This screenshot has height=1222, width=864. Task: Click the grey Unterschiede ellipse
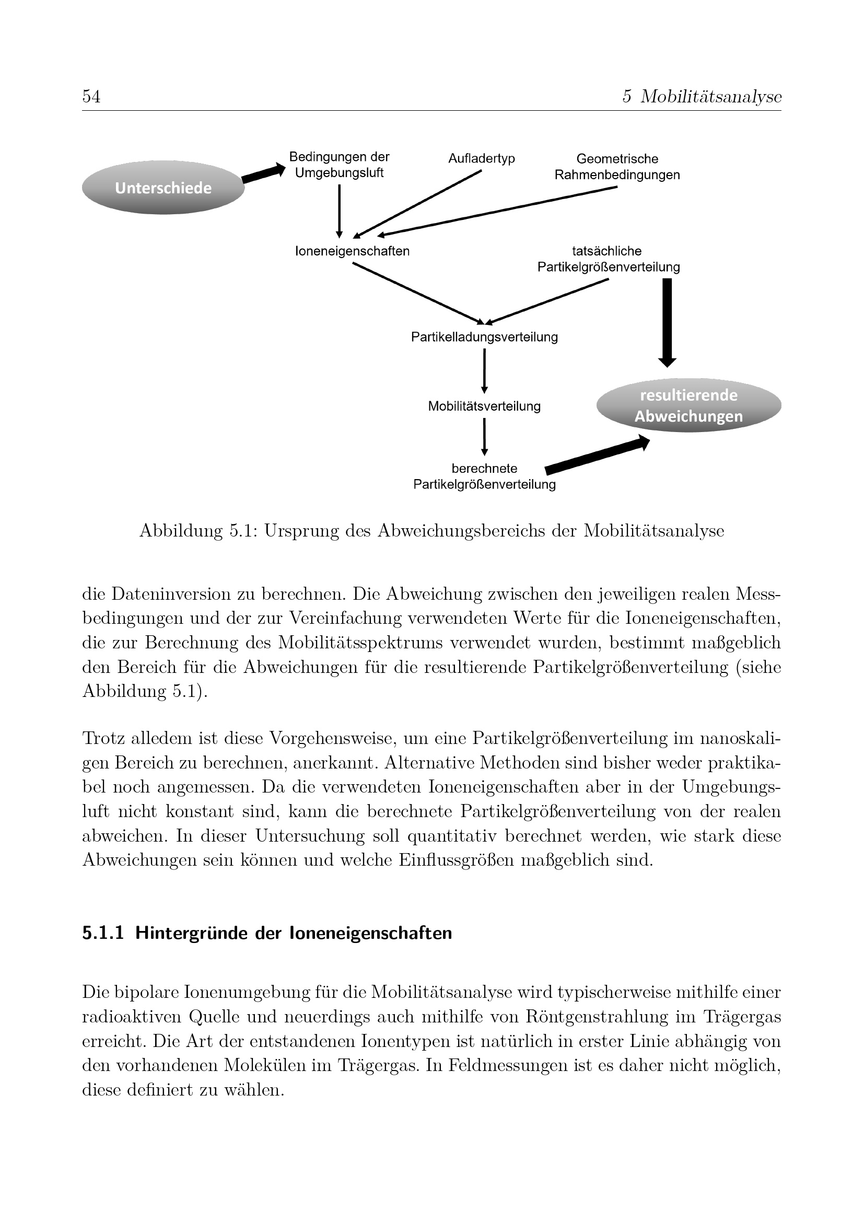(163, 188)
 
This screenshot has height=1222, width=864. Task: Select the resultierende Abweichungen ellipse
(688, 405)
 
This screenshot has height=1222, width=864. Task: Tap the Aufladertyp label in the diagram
(482, 159)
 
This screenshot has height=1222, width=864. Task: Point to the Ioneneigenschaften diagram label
(352, 251)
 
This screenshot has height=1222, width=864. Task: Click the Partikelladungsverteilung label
(484, 337)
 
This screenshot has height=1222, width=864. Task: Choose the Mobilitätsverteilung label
(484, 406)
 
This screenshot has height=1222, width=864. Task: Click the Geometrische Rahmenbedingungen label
(617, 167)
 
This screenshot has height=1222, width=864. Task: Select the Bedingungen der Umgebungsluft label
(339, 165)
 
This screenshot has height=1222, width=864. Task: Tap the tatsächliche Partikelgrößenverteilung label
(608, 259)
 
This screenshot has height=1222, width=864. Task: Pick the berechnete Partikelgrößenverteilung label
(484, 476)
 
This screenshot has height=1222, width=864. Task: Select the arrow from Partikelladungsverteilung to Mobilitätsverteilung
(484, 371)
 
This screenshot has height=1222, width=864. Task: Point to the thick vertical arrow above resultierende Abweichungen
(667, 322)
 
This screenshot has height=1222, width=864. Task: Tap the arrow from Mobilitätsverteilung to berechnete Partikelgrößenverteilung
(484, 436)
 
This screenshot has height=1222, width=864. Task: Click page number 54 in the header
(91, 97)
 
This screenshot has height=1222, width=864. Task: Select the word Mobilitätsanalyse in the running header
(711, 97)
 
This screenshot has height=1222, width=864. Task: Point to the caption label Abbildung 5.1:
(199, 531)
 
